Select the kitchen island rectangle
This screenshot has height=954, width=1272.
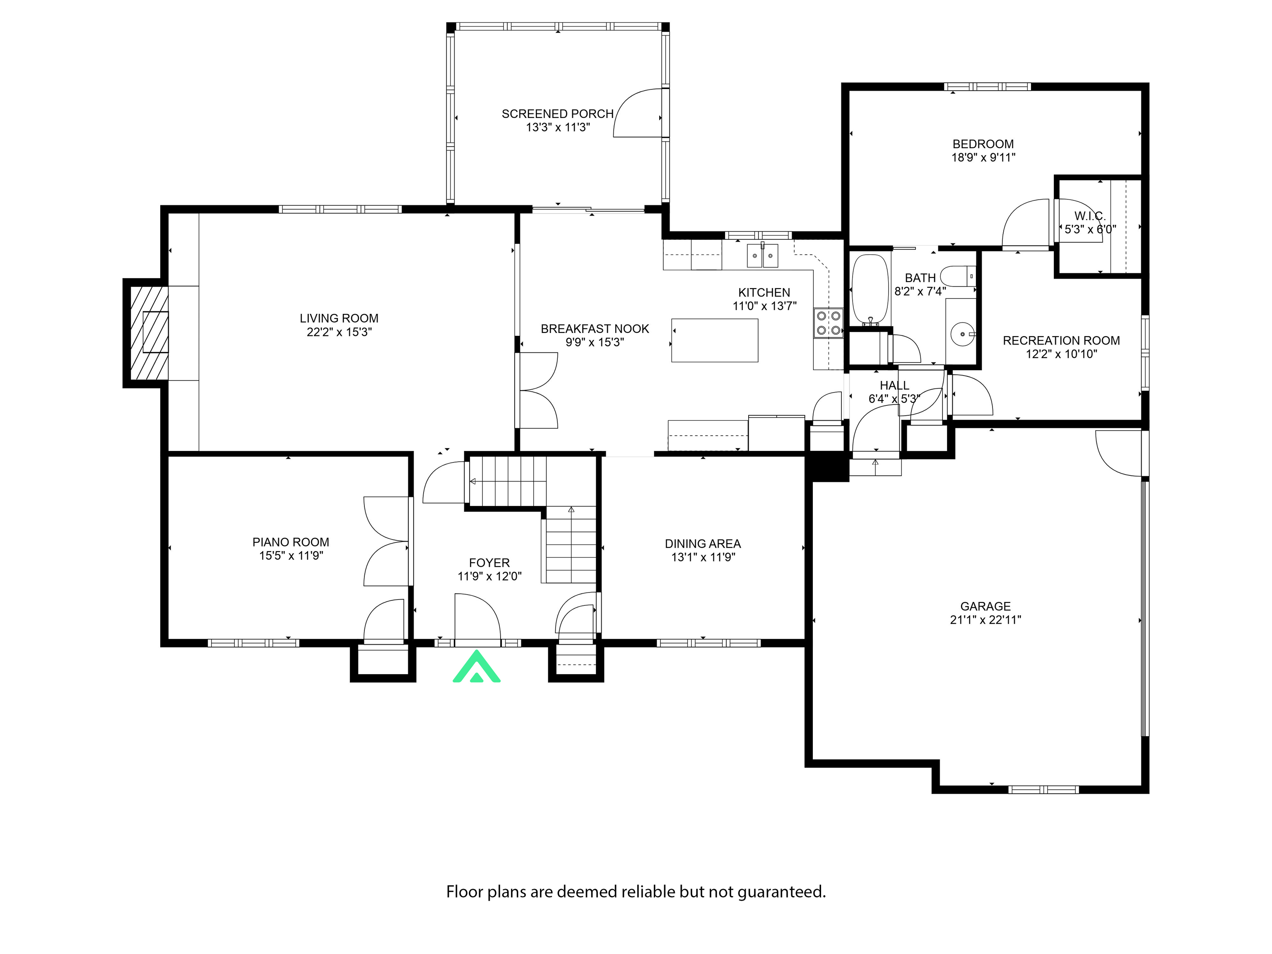point(714,340)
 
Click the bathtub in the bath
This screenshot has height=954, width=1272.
point(870,289)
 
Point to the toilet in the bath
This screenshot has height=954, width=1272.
point(958,276)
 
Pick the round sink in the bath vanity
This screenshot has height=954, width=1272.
point(961,333)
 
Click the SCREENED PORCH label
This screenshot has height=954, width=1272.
point(557,114)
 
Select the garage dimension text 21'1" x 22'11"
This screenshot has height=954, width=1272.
point(985,620)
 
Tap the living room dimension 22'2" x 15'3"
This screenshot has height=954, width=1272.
point(339,332)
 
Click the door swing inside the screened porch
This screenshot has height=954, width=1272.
point(638,114)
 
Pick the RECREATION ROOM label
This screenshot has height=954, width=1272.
point(1061,340)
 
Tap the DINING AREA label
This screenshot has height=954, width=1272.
point(702,543)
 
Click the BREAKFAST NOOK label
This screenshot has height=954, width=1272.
point(594,329)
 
